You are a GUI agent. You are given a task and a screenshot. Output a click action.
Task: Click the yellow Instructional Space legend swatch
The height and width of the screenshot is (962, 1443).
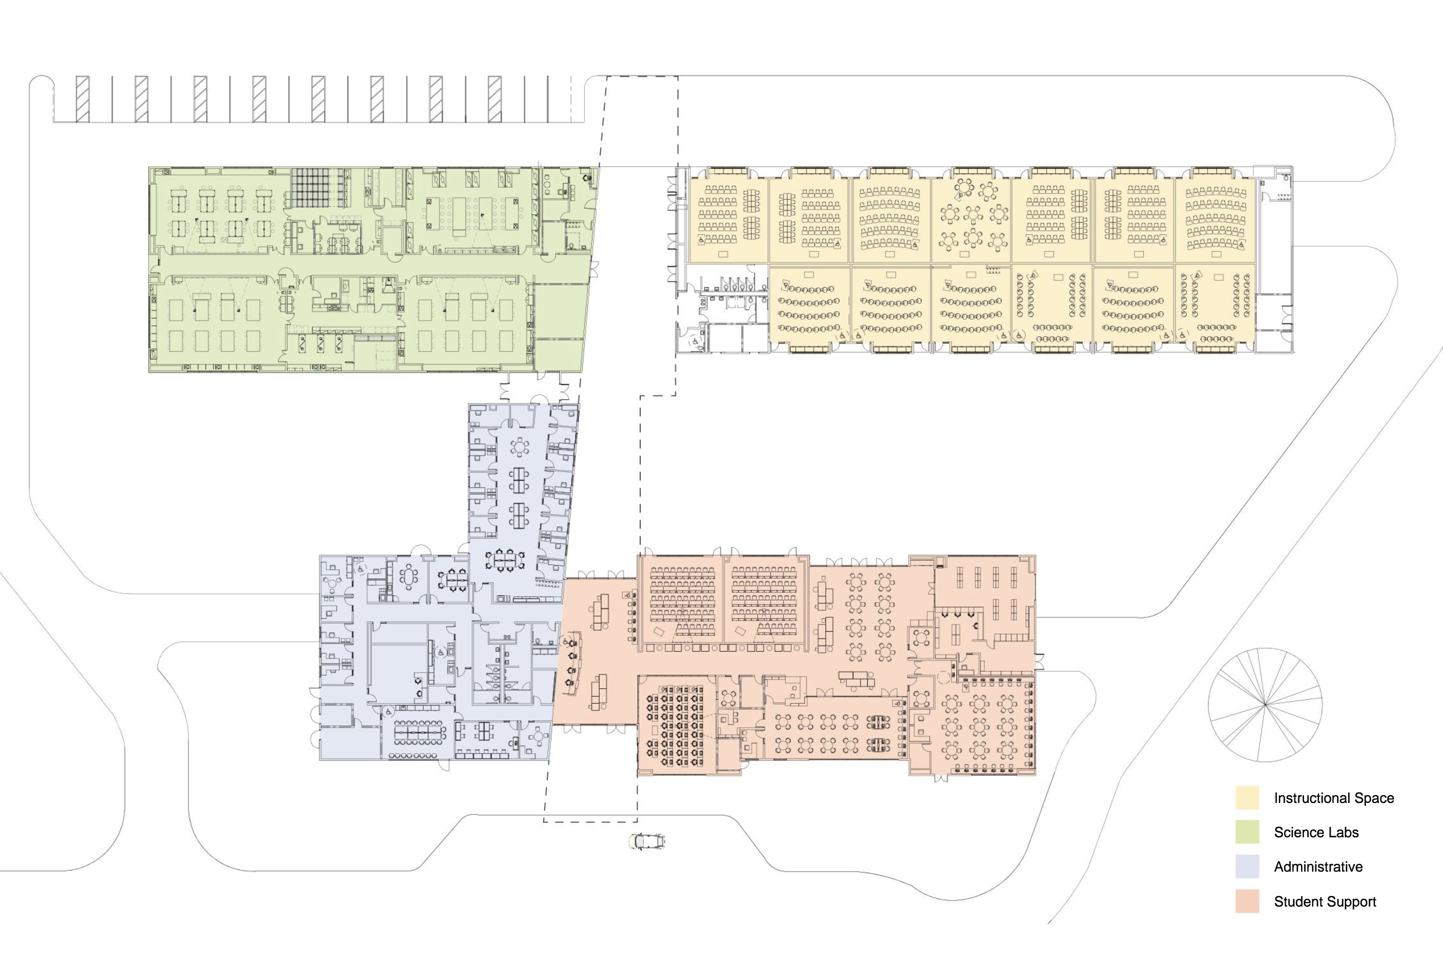[1247, 797]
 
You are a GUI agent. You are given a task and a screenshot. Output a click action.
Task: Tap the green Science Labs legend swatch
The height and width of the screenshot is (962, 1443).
[1247, 832]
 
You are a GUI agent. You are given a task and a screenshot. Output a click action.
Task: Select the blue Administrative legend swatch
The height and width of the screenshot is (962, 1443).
[1247, 866]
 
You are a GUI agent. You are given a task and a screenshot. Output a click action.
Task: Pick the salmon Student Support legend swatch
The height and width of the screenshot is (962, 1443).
[1247, 901]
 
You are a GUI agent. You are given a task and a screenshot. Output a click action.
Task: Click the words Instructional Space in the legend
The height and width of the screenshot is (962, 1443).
[1334, 798]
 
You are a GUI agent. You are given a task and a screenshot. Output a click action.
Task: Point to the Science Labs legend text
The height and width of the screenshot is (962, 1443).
[1316, 832]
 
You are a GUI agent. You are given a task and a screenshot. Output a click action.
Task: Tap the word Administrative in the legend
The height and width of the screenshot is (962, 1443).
[1318, 867]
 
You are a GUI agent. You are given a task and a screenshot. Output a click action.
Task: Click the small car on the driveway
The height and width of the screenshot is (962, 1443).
[647, 841]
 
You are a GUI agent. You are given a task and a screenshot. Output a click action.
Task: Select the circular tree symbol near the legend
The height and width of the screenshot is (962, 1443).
[1265, 705]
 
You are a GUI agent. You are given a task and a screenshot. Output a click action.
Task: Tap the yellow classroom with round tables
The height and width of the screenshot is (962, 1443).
[971, 221]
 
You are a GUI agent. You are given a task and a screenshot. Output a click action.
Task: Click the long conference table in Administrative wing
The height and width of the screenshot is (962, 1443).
[417, 731]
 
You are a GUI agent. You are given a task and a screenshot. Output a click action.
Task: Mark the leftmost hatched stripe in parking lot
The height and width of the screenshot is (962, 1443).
[82, 99]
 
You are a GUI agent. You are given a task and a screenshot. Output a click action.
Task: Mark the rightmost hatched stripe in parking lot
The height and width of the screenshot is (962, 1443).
[494, 99]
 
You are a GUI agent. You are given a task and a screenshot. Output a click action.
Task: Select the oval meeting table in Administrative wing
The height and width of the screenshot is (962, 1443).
[408, 577]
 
